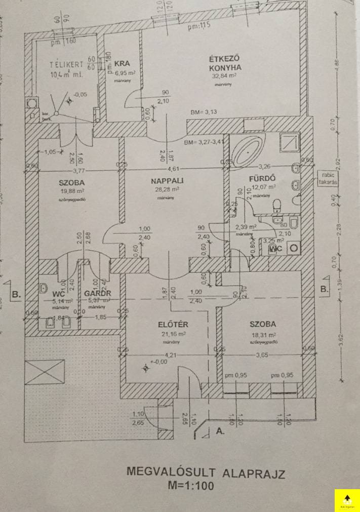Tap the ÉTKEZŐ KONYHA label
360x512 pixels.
point(225,62)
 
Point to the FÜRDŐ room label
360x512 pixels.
point(262,179)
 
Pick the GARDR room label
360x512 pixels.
point(98,293)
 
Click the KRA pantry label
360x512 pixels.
point(122,64)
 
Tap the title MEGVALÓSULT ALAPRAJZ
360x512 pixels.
point(206,474)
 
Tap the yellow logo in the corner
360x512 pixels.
point(347,499)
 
